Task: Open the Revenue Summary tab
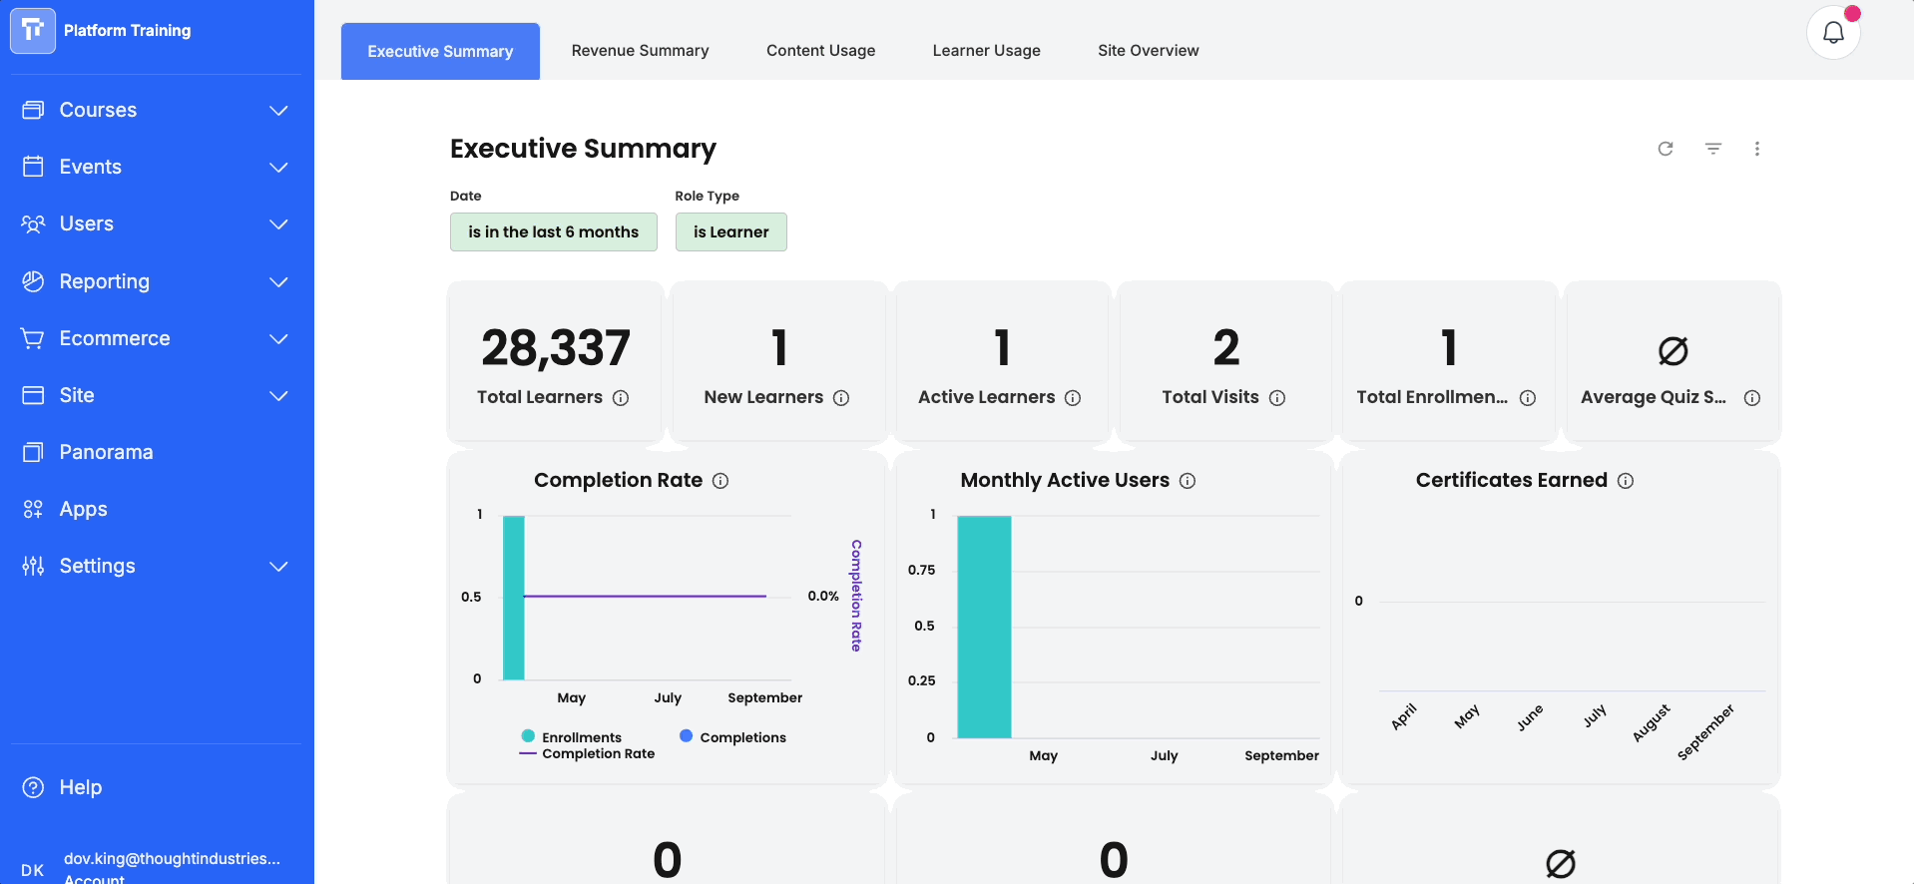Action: (x=640, y=51)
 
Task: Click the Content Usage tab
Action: (x=820, y=51)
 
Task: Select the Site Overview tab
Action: (x=1148, y=51)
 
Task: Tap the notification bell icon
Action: (x=1833, y=33)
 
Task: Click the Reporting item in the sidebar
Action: (x=104, y=281)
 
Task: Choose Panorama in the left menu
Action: (x=106, y=452)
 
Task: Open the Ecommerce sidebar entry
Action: (x=115, y=338)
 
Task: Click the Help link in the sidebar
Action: (x=80, y=787)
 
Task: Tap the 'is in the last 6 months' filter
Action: (x=553, y=231)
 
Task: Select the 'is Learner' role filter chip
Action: (x=730, y=231)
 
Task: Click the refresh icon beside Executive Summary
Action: (x=1666, y=149)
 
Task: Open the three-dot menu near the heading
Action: (x=1757, y=149)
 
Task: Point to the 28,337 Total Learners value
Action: (x=556, y=348)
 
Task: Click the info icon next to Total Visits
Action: (x=1277, y=398)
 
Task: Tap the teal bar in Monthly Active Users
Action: (x=984, y=627)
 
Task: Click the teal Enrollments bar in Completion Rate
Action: (x=514, y=598)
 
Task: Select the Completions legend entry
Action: (x=733, y=737)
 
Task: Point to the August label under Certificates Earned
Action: (x=1651, y=723)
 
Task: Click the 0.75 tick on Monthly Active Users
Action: (x=921, y=570)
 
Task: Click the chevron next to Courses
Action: (x=278, y=110)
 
